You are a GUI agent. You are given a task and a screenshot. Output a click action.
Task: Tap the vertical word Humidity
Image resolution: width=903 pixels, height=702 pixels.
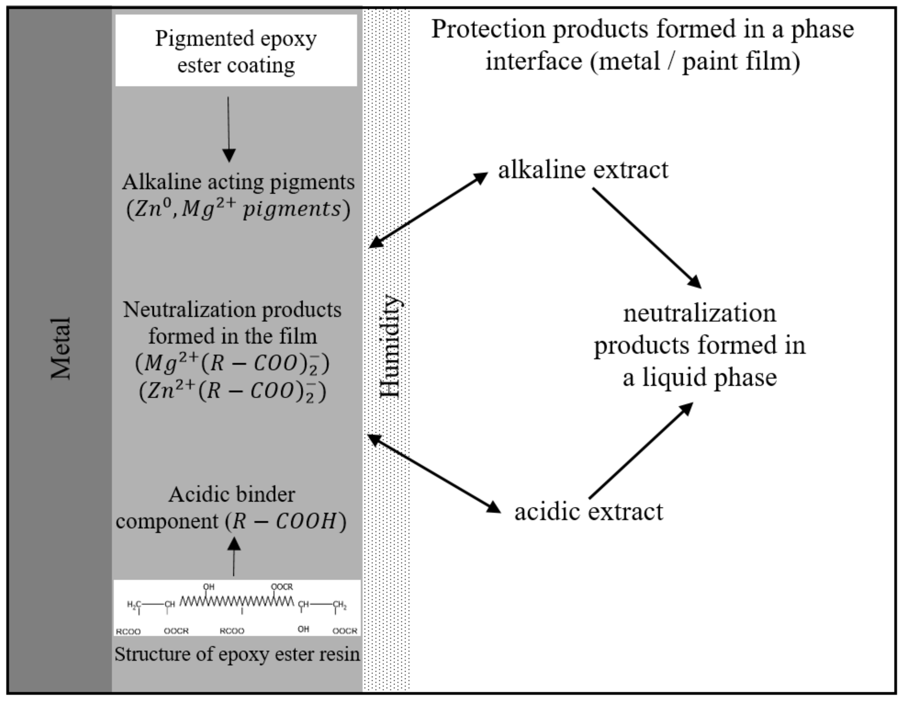click(390, 346)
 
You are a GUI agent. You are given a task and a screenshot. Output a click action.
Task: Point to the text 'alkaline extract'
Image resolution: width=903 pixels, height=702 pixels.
click(583, 170)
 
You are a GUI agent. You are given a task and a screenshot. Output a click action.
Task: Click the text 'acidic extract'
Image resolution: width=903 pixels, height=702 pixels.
click(589, 512)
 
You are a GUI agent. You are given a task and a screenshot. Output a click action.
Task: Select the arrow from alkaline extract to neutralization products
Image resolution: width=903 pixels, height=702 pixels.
click(647, 238)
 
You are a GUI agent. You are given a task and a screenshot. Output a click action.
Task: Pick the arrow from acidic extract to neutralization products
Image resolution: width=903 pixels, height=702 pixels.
click(641, 451)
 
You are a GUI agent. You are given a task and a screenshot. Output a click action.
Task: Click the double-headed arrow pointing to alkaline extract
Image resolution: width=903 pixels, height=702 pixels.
click(428, 210)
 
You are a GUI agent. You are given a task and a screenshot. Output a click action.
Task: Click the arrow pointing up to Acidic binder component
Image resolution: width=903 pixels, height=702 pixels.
click(234, 556)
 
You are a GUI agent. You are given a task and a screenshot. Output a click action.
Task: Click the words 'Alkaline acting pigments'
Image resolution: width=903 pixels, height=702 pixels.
click(238, 182)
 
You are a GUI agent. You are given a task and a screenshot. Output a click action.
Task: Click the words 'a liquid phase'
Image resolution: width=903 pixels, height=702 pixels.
click(700, 377)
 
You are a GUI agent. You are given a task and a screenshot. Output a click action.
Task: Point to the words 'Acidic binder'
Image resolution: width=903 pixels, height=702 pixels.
click(232, 495)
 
